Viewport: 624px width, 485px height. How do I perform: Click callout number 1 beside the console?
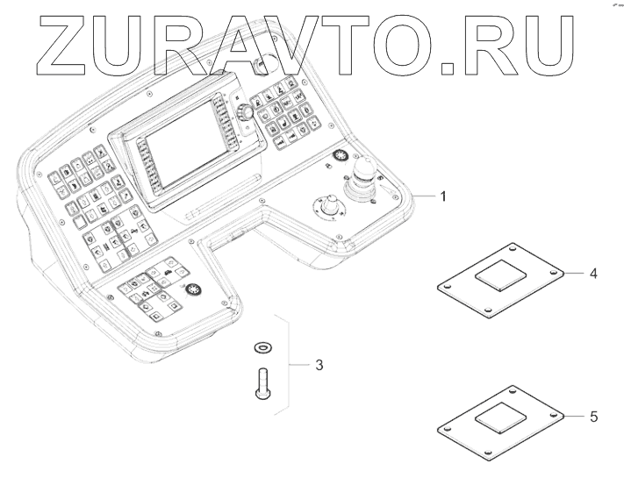(443, 196)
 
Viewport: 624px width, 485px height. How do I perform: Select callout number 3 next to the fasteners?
(319, 363)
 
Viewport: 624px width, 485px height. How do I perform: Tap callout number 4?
(593, 274)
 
